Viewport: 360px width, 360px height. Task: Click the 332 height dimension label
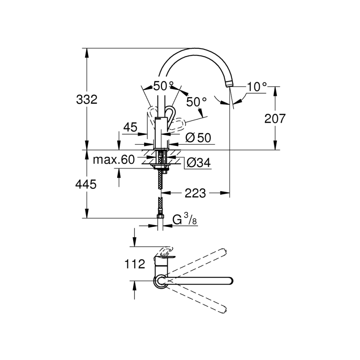point(86,100)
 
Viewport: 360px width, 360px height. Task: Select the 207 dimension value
point(275,118)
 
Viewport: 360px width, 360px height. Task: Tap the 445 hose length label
point(86,184)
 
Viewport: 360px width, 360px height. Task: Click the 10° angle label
point(256,86)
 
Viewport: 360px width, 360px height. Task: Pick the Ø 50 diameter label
point(198,138)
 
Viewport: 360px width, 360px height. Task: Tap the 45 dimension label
point(130,128)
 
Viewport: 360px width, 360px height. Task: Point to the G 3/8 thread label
point(184,220)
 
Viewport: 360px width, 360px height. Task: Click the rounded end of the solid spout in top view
point(230,280)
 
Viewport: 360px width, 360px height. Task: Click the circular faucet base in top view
point(161,281)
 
